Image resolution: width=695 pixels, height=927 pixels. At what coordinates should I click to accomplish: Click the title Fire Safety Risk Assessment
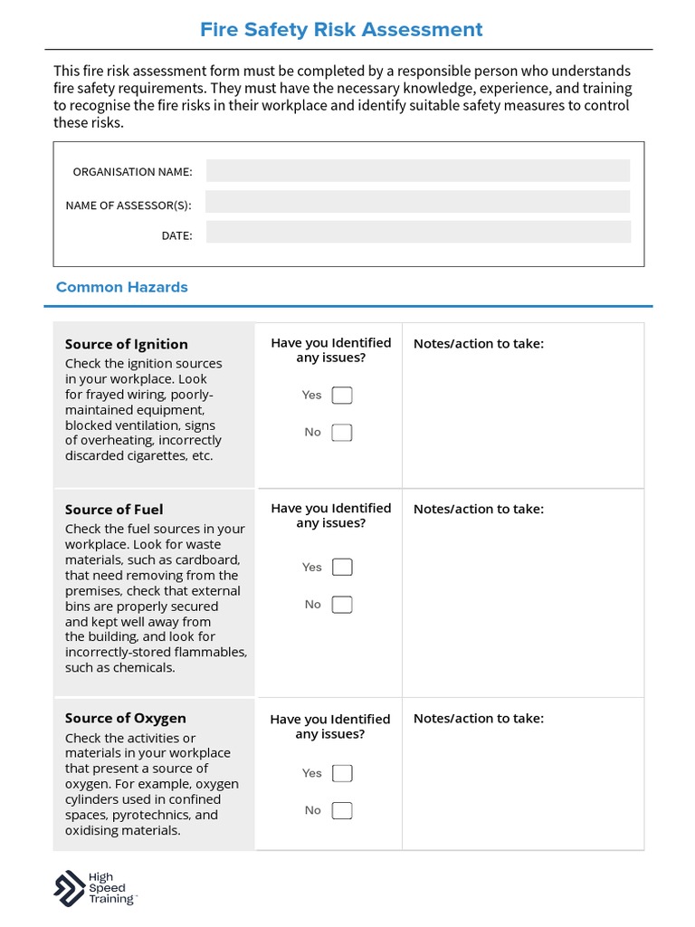(341, 30)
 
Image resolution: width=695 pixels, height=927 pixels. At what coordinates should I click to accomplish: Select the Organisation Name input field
(417, 171)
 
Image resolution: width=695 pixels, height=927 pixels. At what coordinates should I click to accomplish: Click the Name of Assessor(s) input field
(417, 202)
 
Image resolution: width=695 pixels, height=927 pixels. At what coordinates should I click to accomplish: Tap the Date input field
(417, 233)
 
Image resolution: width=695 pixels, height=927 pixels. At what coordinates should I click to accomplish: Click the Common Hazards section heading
(122, 287)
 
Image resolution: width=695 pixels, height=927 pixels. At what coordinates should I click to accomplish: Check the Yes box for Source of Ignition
(342, 396)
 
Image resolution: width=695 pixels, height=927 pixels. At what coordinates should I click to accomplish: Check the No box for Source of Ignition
(342, 433)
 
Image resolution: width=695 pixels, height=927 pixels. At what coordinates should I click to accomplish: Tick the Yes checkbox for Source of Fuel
(342, 568)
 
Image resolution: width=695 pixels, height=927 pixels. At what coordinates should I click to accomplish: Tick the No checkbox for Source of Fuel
(342, 605)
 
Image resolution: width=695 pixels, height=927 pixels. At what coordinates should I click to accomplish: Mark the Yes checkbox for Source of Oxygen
(342, 773)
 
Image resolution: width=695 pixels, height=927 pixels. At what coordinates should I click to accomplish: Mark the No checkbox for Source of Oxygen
(342, 810)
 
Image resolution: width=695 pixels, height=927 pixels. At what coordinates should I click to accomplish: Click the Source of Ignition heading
(127, 344)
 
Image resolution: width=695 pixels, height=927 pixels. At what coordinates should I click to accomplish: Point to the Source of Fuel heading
(114, 510)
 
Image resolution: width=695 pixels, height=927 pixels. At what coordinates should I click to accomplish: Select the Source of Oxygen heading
(126, 718)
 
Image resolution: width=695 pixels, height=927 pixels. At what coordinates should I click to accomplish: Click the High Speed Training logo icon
(70, 888)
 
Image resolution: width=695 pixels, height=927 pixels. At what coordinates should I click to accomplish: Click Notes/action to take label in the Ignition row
(479, 343)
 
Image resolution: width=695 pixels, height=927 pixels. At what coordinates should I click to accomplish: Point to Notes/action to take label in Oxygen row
(479, 718)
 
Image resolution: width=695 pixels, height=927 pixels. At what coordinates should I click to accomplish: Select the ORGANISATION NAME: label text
(132, 172)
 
